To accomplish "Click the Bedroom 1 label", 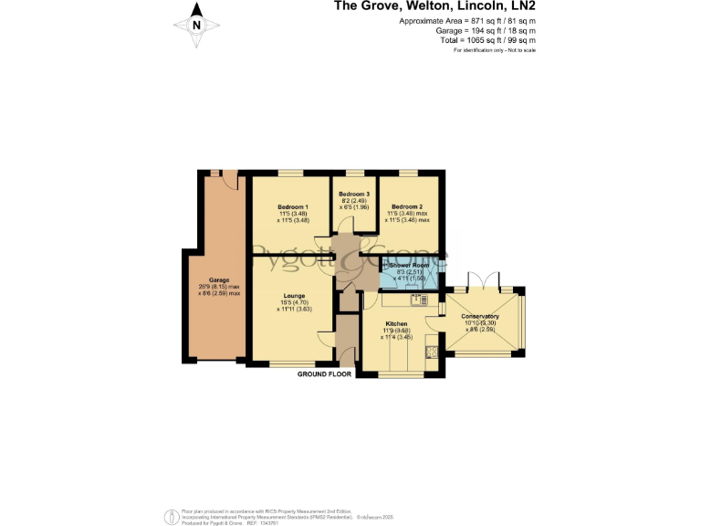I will [x=293, y=207].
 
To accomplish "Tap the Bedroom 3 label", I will [x=354, y=195].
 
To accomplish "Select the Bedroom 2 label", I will [x=407, y=207].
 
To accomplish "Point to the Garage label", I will [x=218, y=280].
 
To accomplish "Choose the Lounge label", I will [x=293, y=296].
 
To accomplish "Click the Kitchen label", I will [x=395, y=324].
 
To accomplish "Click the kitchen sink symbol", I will [x=417, y=299].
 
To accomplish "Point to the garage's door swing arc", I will [x=232, y=182].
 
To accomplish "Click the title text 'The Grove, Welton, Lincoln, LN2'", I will [x=434, y=6].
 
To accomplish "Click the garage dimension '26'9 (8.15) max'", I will [x=219, y=287].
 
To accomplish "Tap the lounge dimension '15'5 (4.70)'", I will [x=294, y=303].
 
